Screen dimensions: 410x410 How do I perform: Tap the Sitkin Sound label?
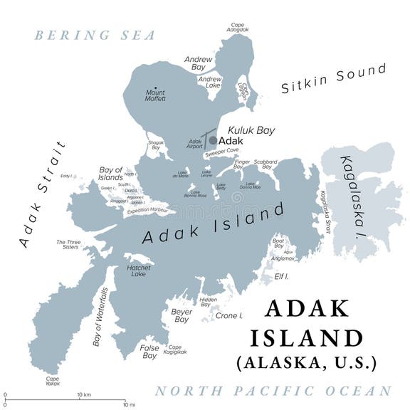coord(333,78)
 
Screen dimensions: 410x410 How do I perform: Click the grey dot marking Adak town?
coord(212,141)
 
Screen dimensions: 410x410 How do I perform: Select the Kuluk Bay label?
coord(251,131)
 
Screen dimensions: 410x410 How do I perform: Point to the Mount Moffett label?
coord(155,96)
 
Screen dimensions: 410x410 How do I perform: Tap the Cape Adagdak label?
coord(238,27)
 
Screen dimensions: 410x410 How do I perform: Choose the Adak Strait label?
coord(42,194)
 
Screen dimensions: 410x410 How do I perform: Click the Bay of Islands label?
coord(111,173)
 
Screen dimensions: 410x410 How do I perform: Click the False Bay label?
coord(149,352)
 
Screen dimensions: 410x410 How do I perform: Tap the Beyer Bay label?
coord(182,315)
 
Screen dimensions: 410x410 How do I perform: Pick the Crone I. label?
coord(229,315)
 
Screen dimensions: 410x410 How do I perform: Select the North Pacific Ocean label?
coord(273,391)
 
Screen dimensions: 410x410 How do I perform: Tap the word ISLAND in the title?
coord(314,337)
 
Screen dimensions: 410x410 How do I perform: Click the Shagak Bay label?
coord(156,145)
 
